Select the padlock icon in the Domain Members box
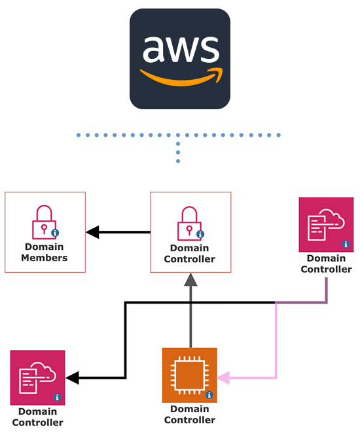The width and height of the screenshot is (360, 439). [x=44, y=221]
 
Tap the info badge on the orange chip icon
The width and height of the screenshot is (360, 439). [x=209, y=395]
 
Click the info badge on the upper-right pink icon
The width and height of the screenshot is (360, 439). [x=346, y=245]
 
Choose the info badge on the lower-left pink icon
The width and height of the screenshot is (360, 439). [x=56, y=397]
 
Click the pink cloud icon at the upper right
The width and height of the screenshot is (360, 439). [x=326, y=224]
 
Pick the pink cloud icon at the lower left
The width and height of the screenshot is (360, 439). [x=37, y=378]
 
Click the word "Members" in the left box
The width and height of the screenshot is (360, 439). [x=44, y=258]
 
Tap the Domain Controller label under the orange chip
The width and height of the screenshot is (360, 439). [x=189, y=415]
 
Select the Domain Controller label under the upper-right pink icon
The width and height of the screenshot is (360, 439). [x=326, y=264]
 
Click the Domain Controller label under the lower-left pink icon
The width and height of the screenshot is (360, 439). [x=37, y=417]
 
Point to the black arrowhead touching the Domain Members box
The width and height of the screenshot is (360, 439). [x=92, y=232]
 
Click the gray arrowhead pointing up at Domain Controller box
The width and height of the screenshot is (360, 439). [x=190, y=280]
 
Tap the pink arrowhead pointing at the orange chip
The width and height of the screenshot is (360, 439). [x=224, y=378]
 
